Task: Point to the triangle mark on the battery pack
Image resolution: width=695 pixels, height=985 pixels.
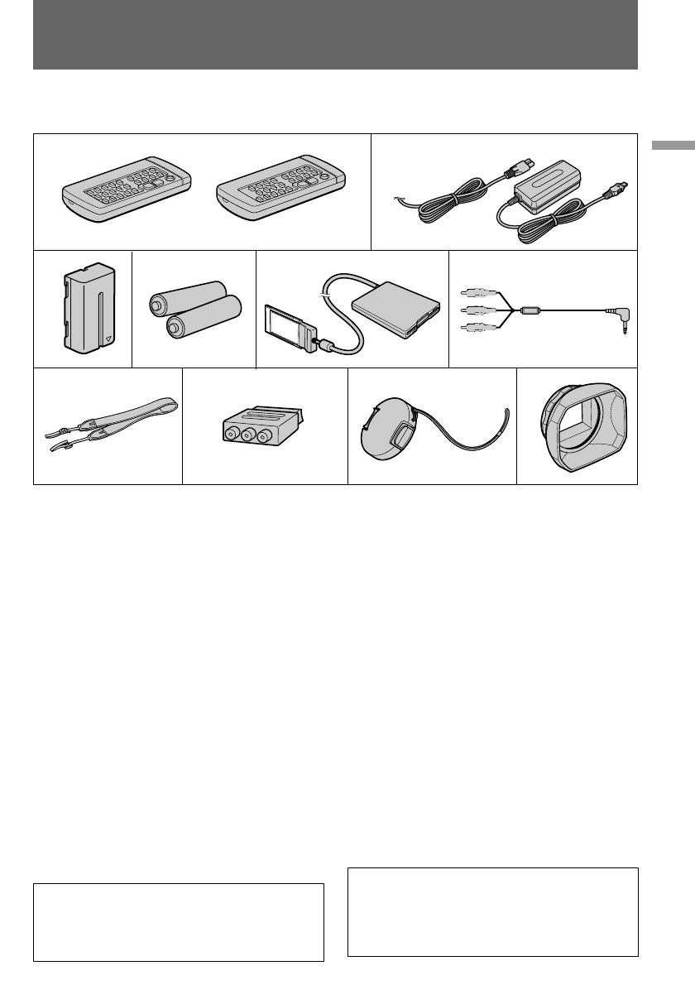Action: (x=107, y=339)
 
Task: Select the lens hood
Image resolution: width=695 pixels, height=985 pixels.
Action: (x=578, y=426)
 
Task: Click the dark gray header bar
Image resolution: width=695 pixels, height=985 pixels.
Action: (x=335, y=35)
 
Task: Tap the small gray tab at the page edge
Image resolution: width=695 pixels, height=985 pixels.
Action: (x=673, y=146)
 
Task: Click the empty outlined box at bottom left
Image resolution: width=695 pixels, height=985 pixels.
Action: (x=178, y=922)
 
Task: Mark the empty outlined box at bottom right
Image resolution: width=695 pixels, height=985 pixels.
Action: (x=493, y=911)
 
